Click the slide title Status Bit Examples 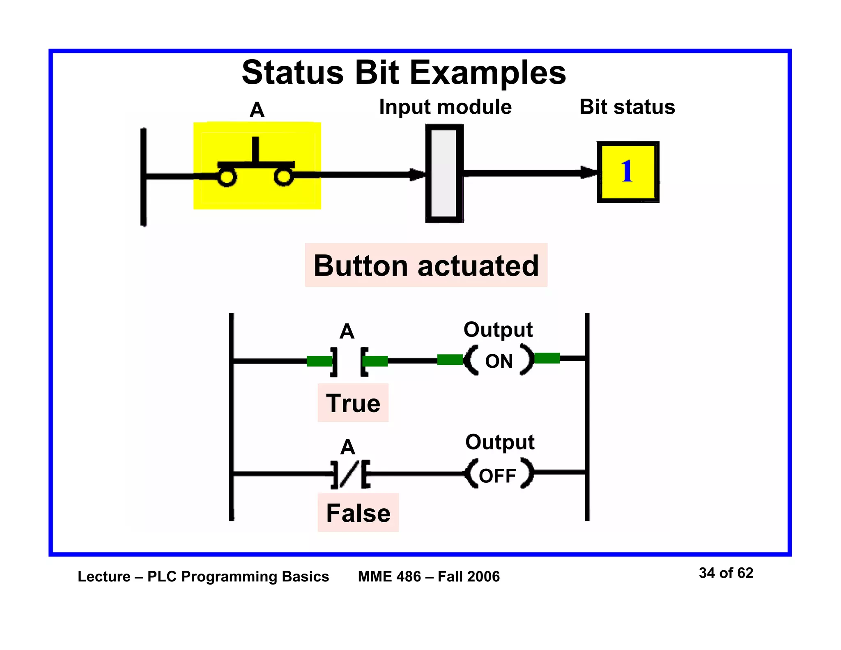tap(404, 73)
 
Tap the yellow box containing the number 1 tap(628, 172)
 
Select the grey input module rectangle tap(444, 173)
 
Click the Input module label tap(445, 107)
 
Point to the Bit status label tap(627, 107)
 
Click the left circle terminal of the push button tap(227, 177)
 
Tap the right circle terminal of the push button tap(283, 177)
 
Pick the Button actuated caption tap(426, 265)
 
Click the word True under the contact tap(353, 403)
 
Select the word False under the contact tap(358, 513)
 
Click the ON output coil tap(499, 361)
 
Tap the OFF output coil tap(499, 475)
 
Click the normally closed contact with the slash tap(350, 474)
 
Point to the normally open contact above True tap(349, 361)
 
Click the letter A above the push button tap(257, 110)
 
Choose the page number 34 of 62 tap(726, 573)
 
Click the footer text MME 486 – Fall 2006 tap(429, 576)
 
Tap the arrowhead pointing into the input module tap(418, 175)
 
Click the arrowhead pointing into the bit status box tap(589, 172)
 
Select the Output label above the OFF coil tap(500, 443)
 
